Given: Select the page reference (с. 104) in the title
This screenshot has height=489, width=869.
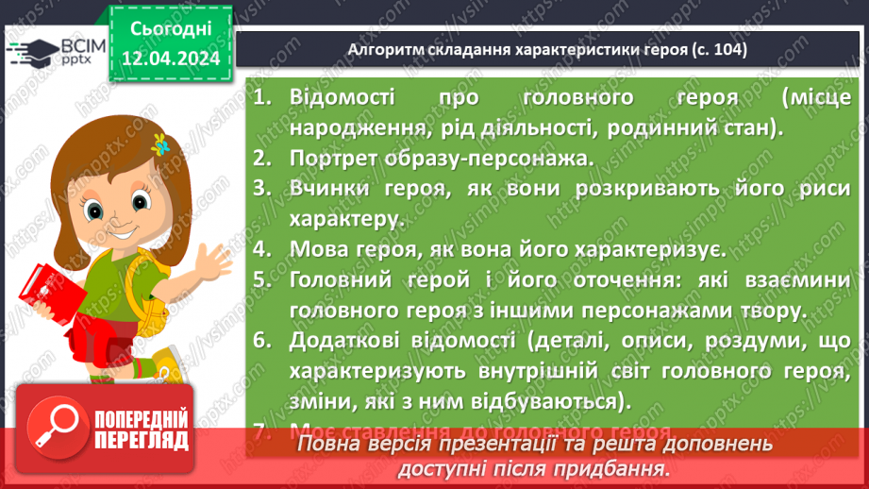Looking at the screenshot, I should coord(718,50).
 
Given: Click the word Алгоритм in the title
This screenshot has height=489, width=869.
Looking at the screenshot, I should coord(382,50).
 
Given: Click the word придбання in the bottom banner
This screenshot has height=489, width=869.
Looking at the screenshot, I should coord(616,467).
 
